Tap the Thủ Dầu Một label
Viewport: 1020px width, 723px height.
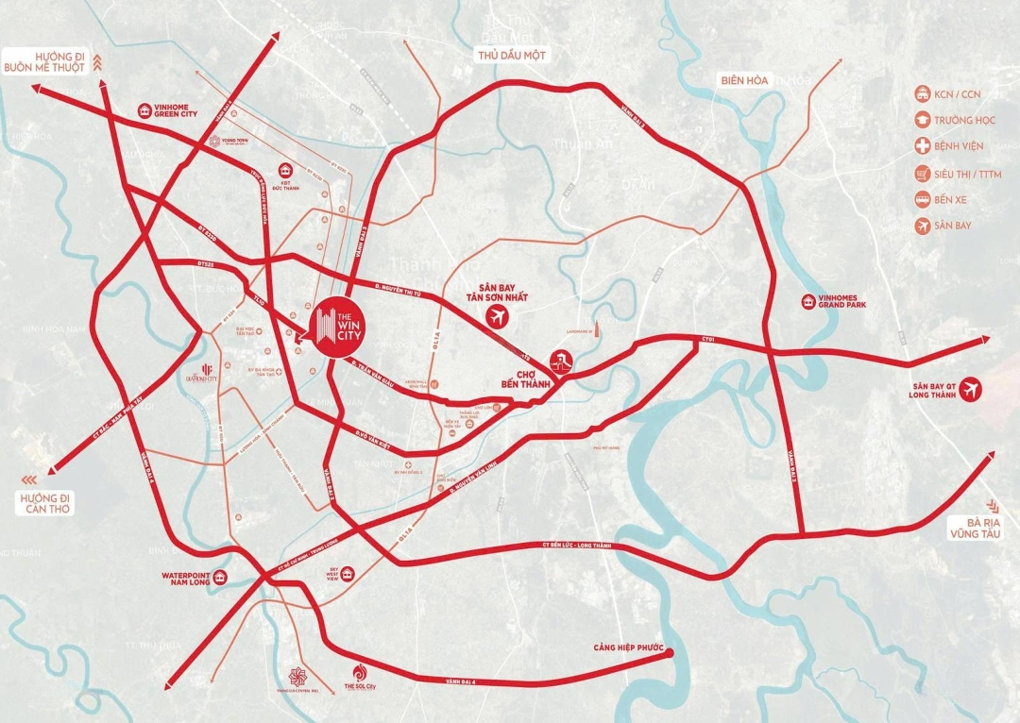[x=512, y=56]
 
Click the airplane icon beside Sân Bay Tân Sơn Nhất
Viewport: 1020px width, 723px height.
[x=495, y=318]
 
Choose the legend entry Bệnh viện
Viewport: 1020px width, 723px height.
[x=959, y=146]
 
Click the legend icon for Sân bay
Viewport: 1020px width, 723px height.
[x=922, y=226]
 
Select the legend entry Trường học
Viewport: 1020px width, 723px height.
[x=965, y=120]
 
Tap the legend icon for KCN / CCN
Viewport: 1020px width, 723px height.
[x=922, y=93]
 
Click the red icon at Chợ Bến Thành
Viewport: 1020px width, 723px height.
[x=561, y=361]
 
